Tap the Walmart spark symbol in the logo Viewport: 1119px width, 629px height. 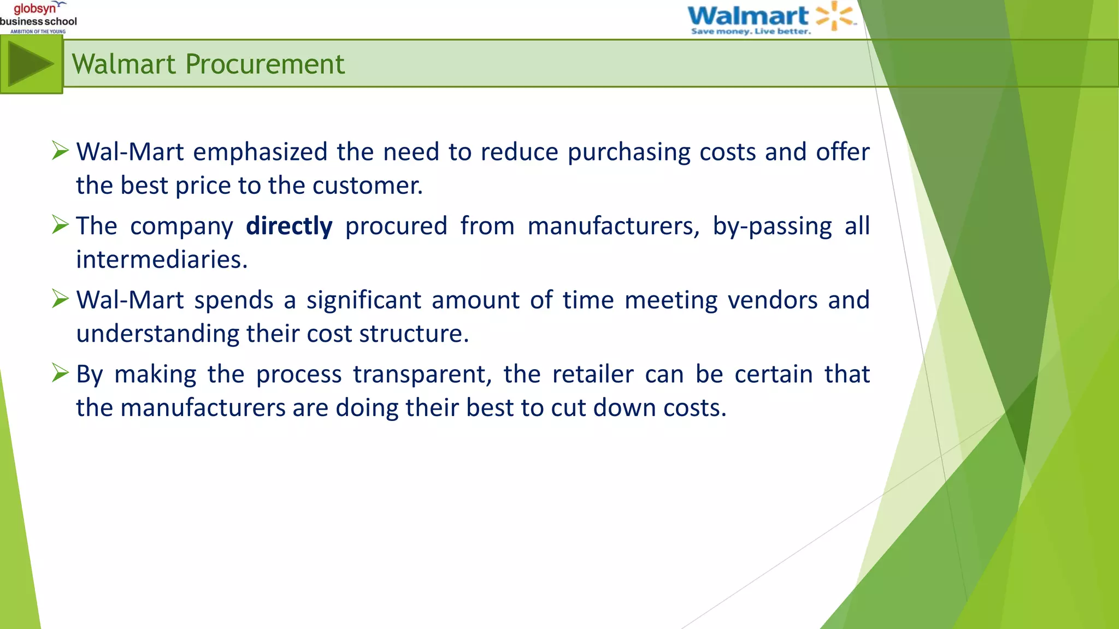click(834, 15)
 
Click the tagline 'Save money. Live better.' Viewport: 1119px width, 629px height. click(751, 32)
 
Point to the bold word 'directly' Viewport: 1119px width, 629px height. click(289, 226)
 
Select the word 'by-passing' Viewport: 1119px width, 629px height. click(772, 226)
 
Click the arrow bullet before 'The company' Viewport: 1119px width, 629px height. click(60, 224)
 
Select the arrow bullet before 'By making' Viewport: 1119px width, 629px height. click(60, 372)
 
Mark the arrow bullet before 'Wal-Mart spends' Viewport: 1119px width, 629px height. click(60, 298)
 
